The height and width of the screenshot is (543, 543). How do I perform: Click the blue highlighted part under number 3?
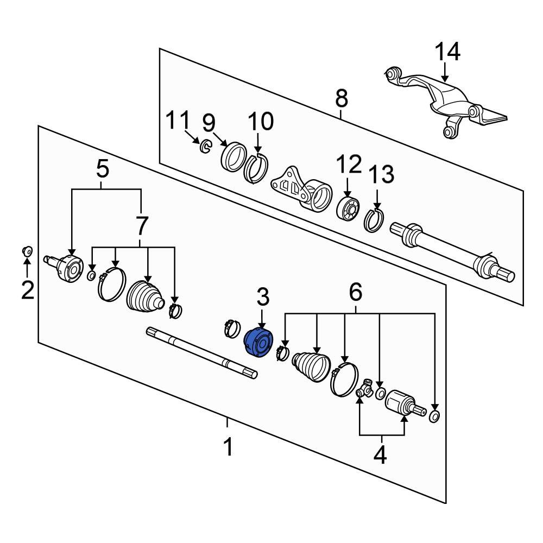(258, 343)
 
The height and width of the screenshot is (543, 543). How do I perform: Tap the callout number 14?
(447, 52)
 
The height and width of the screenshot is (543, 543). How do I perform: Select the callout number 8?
(342, 98)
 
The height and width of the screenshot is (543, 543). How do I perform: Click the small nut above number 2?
(27, 250)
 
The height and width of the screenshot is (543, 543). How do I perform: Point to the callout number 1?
(228, 446)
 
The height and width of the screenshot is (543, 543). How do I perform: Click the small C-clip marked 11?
(206, 146)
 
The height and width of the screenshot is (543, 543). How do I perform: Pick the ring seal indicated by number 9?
(233, 157)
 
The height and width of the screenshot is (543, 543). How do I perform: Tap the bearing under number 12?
(349, 207)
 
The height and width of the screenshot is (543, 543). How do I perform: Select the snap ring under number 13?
(374, 220)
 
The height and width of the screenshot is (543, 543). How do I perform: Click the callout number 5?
(103, 169)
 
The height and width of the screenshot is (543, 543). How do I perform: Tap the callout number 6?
(356, 292)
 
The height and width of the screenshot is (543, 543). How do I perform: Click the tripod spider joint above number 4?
(365, 389)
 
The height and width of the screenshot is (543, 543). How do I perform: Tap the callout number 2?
(28, 290)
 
